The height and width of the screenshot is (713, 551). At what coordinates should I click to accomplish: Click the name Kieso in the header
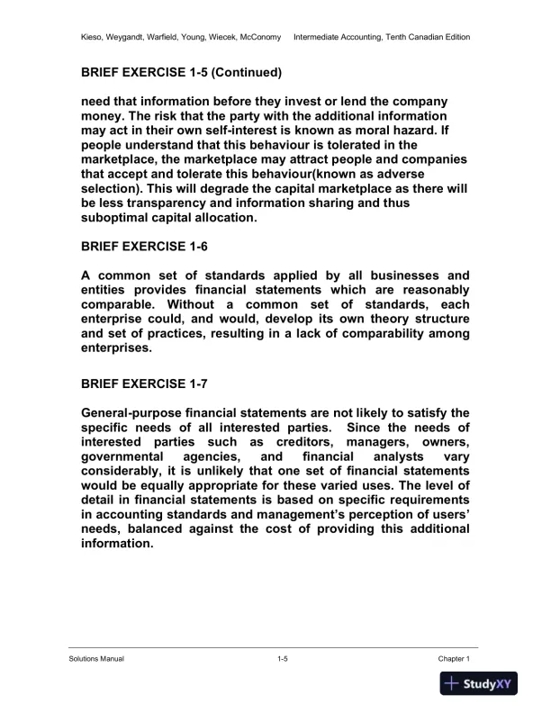91,37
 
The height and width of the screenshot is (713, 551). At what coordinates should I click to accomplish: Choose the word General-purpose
139,413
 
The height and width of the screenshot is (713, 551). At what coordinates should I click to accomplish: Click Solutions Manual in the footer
96,660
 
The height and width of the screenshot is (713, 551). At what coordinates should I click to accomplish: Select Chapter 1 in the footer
454,660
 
